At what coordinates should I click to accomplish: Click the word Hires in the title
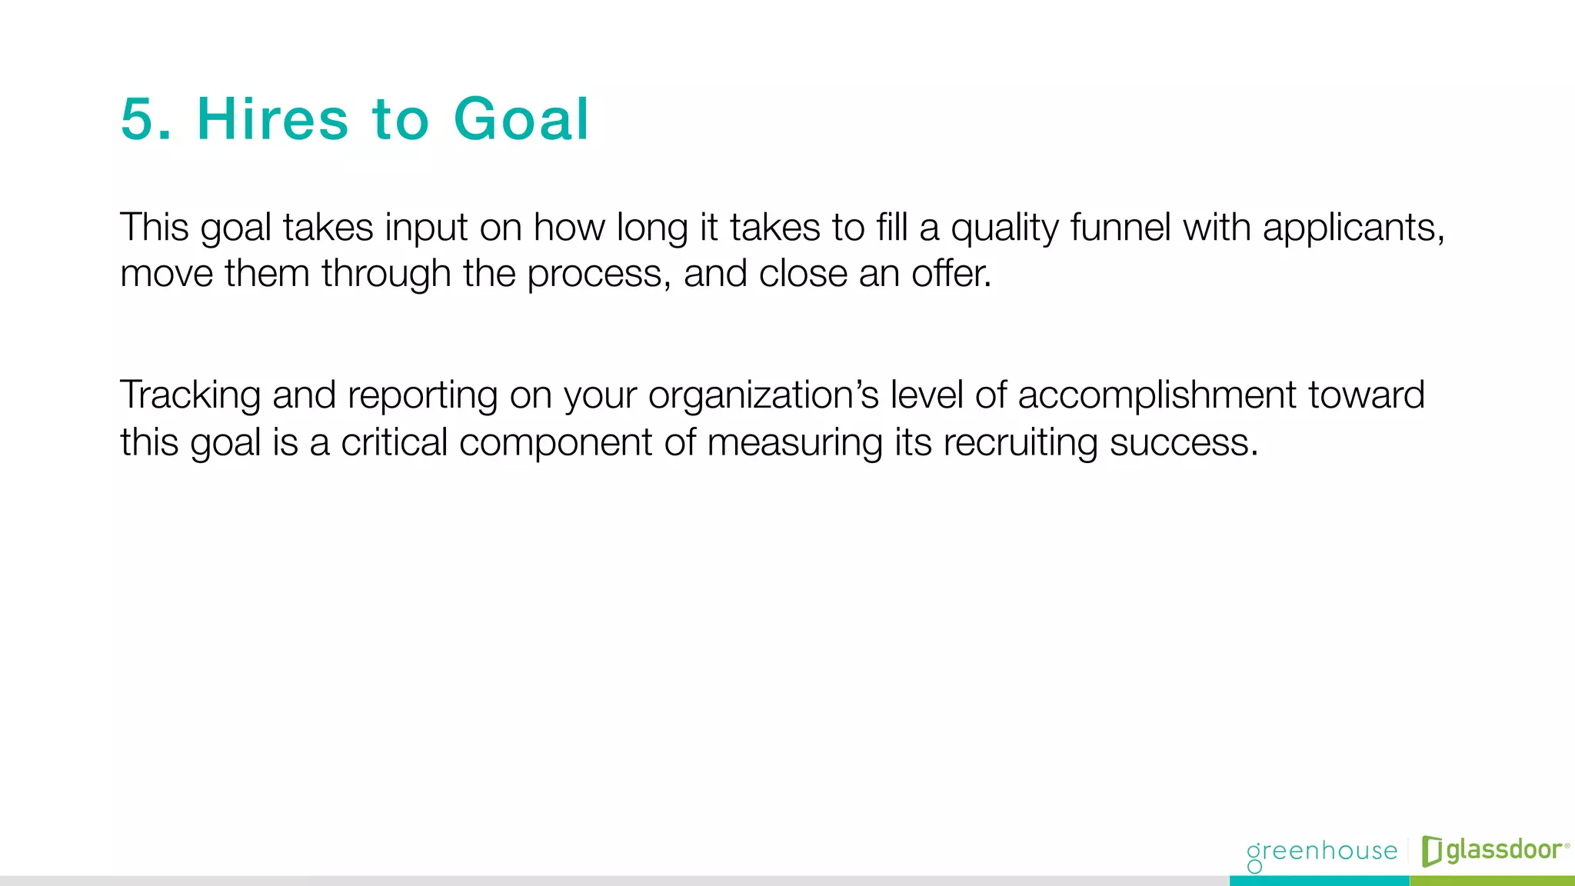coord(273,120)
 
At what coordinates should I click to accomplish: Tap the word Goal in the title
coord(521,120)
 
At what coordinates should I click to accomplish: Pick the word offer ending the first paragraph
coord(951,274)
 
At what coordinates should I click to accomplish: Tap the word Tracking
coord(190,396)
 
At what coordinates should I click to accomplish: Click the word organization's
coord(763,397)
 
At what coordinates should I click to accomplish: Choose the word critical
coord(394,443)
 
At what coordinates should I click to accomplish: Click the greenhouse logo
coord(1321,852)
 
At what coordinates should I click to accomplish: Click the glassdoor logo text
coord(1503,851)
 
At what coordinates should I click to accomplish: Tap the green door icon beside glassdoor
coord(1431,851)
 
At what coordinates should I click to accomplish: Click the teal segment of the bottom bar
coord(1319,881)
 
